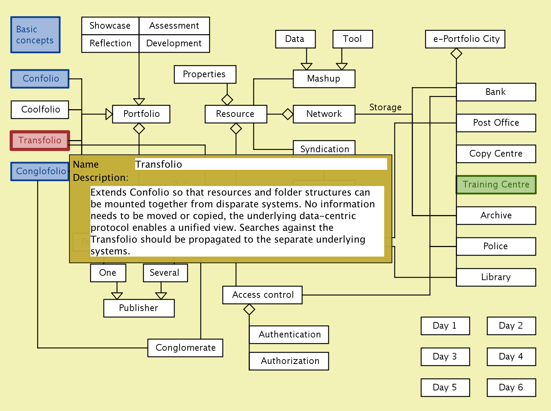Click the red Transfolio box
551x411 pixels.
tap(40, 140)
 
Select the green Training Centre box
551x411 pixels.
tap(496, 185)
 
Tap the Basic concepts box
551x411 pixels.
tap(35, 35)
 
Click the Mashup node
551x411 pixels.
tap(324, 79)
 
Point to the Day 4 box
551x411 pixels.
tap(511, 357)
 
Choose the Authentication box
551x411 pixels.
tap(289, 335)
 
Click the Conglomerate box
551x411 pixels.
tap(186, 348)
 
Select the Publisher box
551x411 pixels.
tap(139, 308)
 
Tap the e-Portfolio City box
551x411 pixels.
tap(465, 39)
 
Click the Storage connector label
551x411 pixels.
tap(385, 107)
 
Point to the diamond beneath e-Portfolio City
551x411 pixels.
tap(456, 54)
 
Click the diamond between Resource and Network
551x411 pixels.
tap(288, 114)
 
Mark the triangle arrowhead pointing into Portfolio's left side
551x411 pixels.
tap(109, 114)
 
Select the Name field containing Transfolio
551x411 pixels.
tap(261, 164)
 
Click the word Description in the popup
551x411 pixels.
tap(100, 178)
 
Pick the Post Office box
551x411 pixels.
tap(496, 123)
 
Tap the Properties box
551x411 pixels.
tap(205, 74)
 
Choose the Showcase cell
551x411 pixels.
tap(110, 26)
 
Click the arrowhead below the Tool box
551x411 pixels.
tap(342, 67)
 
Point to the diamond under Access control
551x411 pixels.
tap(249, 310)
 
